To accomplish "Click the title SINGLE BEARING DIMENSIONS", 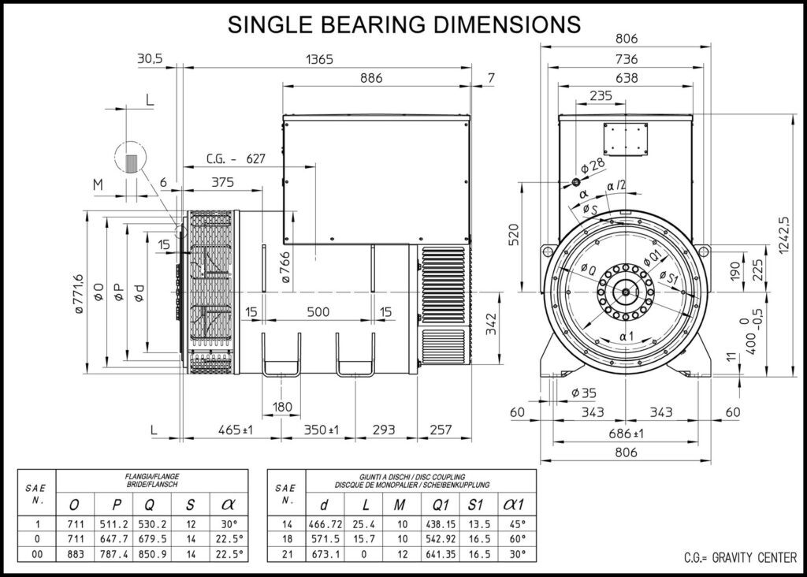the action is tap(404, 24).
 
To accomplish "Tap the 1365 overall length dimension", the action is tap(320, 59).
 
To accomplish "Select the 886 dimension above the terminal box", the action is tap(371, 78).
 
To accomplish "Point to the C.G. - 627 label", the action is tap(236, 158).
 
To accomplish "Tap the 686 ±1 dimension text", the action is tap(626, 434).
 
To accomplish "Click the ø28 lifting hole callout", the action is tap(593, 166).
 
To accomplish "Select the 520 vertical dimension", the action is tap(513, 234).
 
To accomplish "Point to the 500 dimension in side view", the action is tap(318, 312).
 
